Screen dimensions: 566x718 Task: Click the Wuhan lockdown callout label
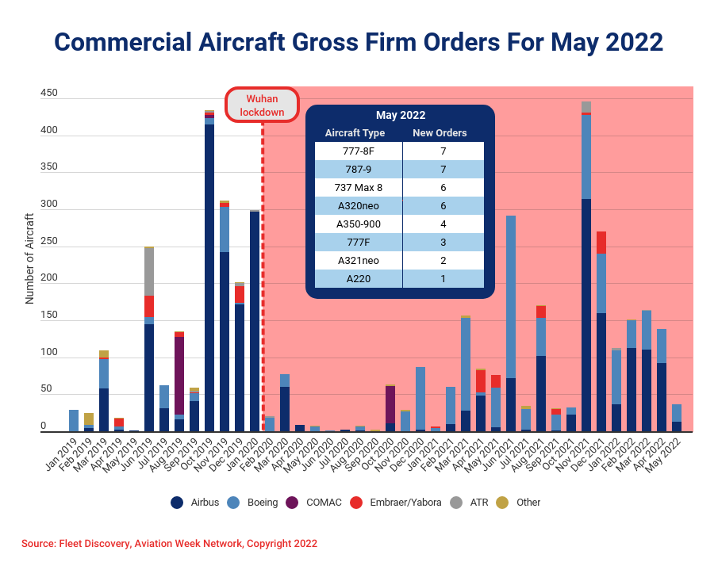tap(262, 105)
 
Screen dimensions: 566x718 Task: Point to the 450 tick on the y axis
tap(49, 93)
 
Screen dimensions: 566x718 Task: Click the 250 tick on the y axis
tap(49, 241)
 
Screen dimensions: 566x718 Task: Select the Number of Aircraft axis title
tap(29, 258)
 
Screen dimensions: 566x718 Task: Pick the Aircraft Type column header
tap(355, 133)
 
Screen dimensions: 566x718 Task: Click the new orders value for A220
tap(443, 278)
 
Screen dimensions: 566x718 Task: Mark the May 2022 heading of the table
tap(401, 115)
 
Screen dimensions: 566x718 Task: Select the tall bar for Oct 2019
tap(209, 277)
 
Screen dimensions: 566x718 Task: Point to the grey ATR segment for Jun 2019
tap(149, 272)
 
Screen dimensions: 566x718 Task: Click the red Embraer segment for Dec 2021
tap(601, 243)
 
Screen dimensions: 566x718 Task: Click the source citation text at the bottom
tap(169, 544)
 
